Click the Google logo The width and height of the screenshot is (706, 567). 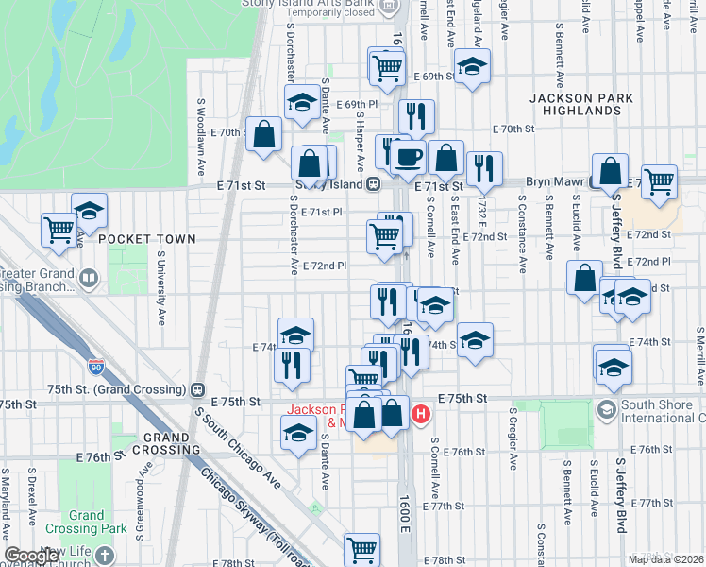[x=31, y=556]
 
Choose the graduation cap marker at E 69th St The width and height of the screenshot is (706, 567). [x=472, y=65]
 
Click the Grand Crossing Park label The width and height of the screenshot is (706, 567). [x=86, y=523]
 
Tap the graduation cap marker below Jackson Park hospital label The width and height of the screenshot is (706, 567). [x=298, y=432]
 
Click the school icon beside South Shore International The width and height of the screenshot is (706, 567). [x=605, y=410]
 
